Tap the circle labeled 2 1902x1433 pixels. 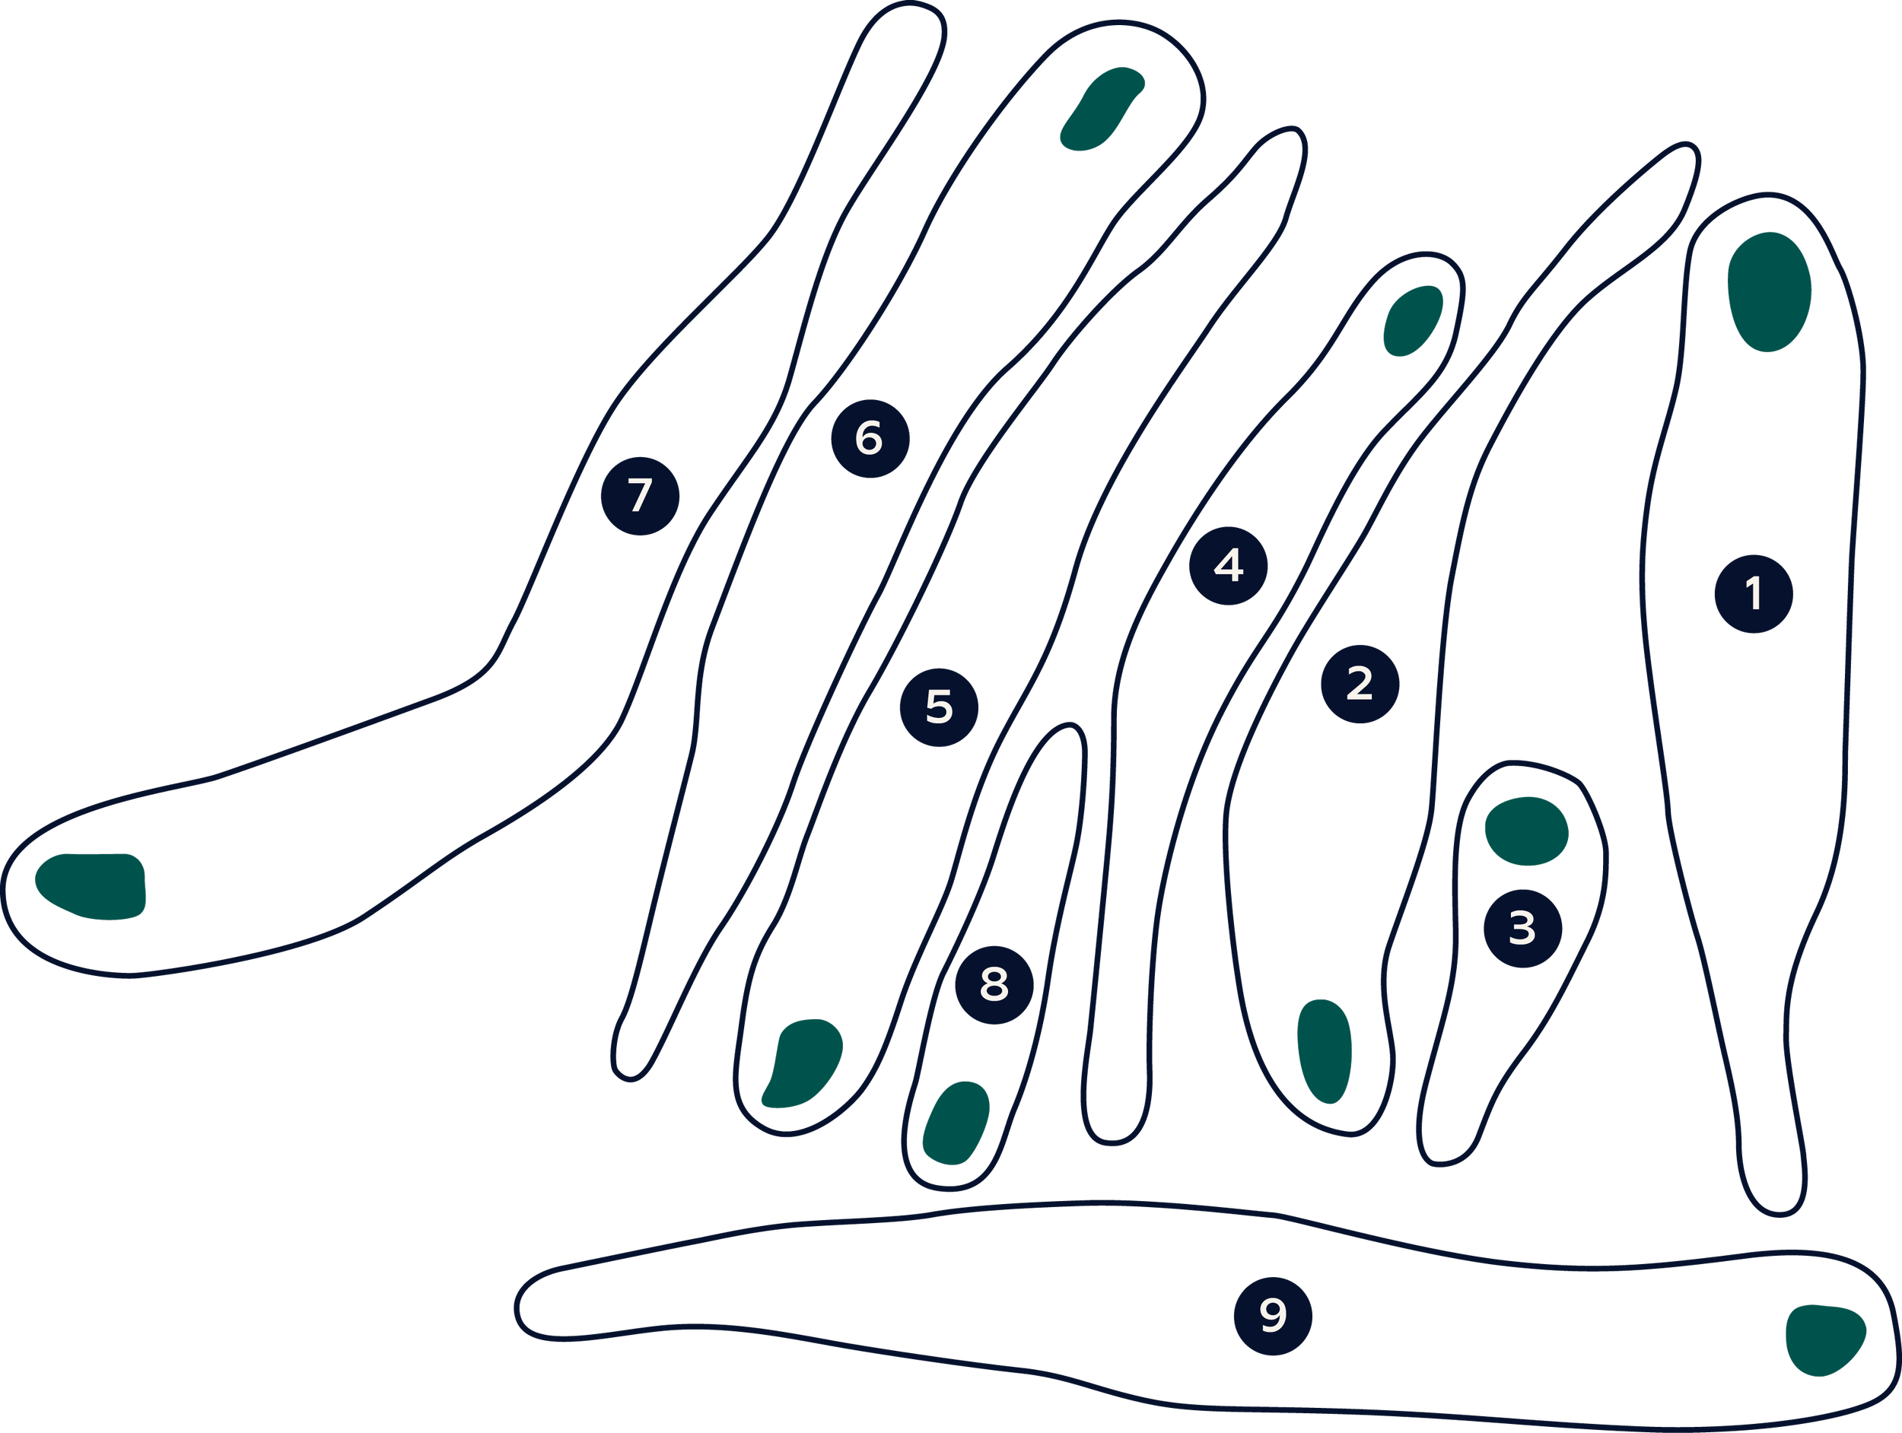[x=1360, y=685]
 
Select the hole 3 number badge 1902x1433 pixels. [x=1523, y=929]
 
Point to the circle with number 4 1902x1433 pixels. [x=1228, y=566]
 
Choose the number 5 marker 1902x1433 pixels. [x=939, y=707]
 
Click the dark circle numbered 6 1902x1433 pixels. [x=870, y=438]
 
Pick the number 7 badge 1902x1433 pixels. [x=640, y=496]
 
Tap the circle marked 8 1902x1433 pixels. [x=994, y=985]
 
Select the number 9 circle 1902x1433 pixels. [x=1273, y=1316]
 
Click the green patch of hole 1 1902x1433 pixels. [x=1769, y=291]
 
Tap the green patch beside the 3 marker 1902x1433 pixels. [x=1526, y=831]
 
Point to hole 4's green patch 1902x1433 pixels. [x=1412, y=321]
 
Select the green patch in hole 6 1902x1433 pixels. [x=1101, y=108]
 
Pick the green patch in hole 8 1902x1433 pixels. [x=956, y=1123]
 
